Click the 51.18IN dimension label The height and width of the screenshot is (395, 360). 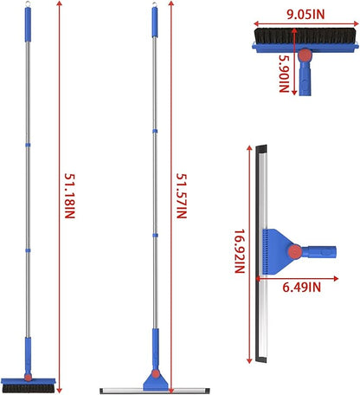(x=69, y=196)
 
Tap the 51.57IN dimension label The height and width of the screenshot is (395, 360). (x=182, y=196)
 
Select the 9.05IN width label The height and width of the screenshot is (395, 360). (x=305, y=15)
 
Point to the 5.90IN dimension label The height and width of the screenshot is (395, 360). (x=284, y=74)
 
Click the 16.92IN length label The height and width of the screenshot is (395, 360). (x=240, y=251)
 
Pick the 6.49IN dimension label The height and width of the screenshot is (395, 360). (x=301, y=288)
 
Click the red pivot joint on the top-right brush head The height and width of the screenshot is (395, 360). (x=305, y=54)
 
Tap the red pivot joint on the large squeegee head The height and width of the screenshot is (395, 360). (x=295, y=252)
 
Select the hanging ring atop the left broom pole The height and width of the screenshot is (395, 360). (x=28, y=3)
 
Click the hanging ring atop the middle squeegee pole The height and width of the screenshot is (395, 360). (x=155, y=4)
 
